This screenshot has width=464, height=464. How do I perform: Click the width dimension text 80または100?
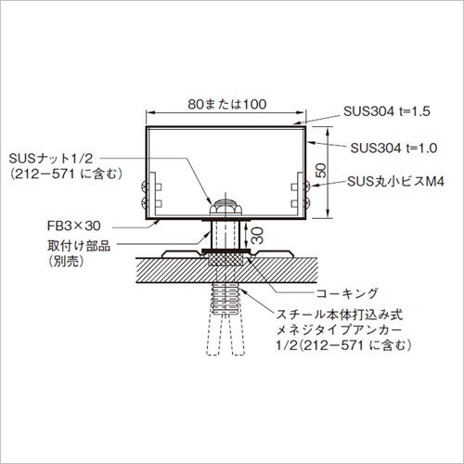(227, 104)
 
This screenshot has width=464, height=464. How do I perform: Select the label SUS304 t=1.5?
(387, 111)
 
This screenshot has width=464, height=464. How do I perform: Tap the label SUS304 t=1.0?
(393, 148)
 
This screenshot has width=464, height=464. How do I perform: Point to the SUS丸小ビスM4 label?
(395, 182)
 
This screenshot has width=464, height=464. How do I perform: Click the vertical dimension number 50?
(322, 171)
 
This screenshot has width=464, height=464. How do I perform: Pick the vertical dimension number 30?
(257, 236)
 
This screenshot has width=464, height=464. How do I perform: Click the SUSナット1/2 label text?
(51, 159)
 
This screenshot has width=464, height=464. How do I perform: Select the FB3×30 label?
(74, 226)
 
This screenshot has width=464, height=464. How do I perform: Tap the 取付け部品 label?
(79, 246)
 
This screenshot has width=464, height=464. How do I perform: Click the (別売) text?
(66, 262)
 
